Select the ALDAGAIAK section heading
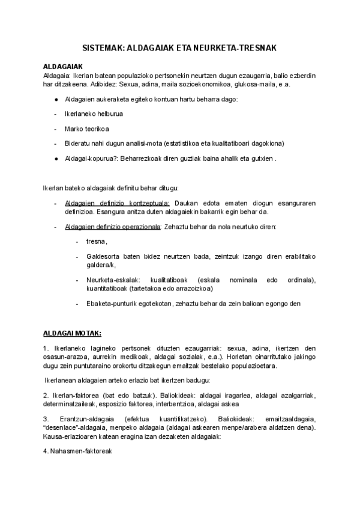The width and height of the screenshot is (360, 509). (62, 67)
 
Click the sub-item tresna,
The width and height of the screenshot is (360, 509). (96, 241)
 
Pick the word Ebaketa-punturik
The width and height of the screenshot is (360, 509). (114, 303)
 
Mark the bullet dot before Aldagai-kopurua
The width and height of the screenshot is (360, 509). (56, 159)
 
